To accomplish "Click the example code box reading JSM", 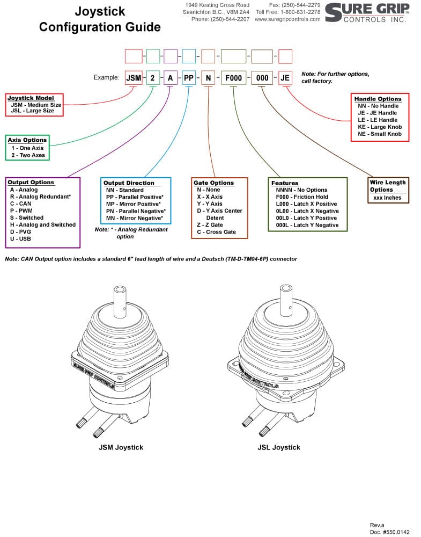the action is pos(134,78).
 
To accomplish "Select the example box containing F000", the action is pos(234,78).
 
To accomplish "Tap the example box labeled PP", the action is pos(189,78).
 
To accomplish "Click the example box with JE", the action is pos(285,78).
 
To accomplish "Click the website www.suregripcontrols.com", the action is pos(287,19).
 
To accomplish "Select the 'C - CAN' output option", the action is pos(20,204).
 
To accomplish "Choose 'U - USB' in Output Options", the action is pos(20,239).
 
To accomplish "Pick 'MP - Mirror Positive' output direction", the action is pos(134,204).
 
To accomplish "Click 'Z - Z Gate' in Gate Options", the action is pos(210,224).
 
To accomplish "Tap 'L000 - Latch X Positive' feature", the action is pos(306,204).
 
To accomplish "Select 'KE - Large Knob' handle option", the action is pos(380,127).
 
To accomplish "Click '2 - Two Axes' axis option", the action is pos(28,155).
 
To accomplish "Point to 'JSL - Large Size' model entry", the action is pos(33,111).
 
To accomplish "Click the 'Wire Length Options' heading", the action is pos(388,186).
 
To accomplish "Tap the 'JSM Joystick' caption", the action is pos(121,447).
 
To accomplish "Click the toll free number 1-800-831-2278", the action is pos(301,12).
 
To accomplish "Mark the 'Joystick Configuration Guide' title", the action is pos(100,19).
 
